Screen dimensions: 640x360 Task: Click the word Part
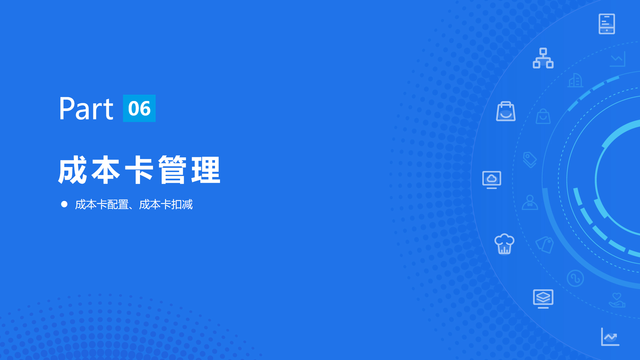86,108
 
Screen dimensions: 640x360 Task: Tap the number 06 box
139,108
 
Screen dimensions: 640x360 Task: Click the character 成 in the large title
72,170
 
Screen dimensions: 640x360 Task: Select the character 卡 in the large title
139,170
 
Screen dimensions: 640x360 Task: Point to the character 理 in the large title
206,170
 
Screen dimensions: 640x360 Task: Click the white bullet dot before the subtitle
64,204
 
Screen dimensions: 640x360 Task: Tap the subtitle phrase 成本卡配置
102,204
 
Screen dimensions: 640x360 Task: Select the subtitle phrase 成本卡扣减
166,204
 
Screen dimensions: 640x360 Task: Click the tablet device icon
607,24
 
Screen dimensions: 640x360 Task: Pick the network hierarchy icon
543,58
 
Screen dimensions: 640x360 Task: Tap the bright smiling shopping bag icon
506,111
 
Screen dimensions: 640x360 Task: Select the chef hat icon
504,244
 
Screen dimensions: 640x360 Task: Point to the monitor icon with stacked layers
543,299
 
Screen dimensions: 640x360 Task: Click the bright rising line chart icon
610,337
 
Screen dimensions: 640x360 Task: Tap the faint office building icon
575,80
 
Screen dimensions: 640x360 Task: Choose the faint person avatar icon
530,202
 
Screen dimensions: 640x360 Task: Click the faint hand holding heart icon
617,300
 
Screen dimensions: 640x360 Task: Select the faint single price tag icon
530,160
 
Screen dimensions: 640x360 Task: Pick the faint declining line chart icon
618,59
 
